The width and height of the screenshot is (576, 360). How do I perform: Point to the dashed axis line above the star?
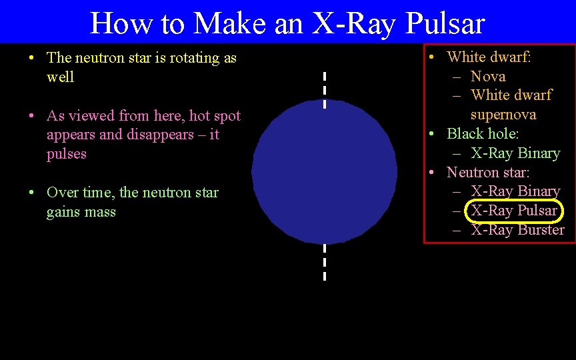coord(324,89)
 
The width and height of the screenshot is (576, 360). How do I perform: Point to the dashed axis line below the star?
coord(324,262)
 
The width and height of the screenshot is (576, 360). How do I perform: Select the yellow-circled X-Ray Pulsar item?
coord(514,211)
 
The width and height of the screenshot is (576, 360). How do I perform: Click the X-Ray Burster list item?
coord(517,230)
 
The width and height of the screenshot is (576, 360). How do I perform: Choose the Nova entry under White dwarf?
coord(488,76)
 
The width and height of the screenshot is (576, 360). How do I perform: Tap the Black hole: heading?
coord(483,133)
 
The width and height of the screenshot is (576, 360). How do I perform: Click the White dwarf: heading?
coord(489,57)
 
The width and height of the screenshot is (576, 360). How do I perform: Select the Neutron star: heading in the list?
coord(488,172)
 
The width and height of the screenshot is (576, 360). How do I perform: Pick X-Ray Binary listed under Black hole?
coord(515,153)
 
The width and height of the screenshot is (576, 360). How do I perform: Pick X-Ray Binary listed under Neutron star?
coord(515,191)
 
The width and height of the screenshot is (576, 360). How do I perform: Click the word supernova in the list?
coord(503,115)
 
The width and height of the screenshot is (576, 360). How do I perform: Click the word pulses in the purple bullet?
coord(67,153)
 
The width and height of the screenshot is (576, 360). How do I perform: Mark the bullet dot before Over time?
coord(32,193)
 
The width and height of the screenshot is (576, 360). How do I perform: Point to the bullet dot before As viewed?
coord(32,116)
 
